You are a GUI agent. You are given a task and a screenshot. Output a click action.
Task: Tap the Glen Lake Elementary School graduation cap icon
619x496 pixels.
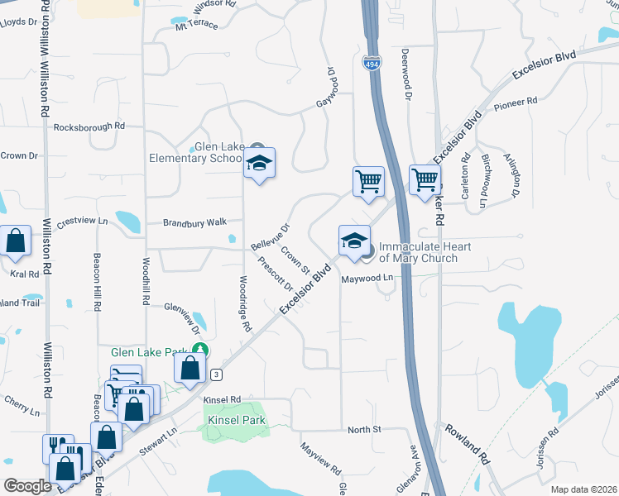[259, 164]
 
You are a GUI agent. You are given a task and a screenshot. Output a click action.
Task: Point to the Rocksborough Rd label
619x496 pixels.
[89, 127]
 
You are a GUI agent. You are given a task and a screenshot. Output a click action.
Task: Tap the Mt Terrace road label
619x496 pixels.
[196, 25]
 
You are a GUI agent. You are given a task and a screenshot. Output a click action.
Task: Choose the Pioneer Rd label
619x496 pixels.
[516, 105]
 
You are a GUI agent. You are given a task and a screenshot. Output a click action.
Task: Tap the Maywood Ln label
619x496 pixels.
[367, 279]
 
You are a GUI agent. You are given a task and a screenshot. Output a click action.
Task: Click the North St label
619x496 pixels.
[363, 430]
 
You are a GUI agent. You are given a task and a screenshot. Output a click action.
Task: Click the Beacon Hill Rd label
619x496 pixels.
[97, 281]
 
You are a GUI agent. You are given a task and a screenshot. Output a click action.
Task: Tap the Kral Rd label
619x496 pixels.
[24, 274]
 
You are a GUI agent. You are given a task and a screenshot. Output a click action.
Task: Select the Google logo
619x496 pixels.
[28, 486]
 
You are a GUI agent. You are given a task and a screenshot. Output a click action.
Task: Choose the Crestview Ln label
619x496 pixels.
[82, 221]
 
